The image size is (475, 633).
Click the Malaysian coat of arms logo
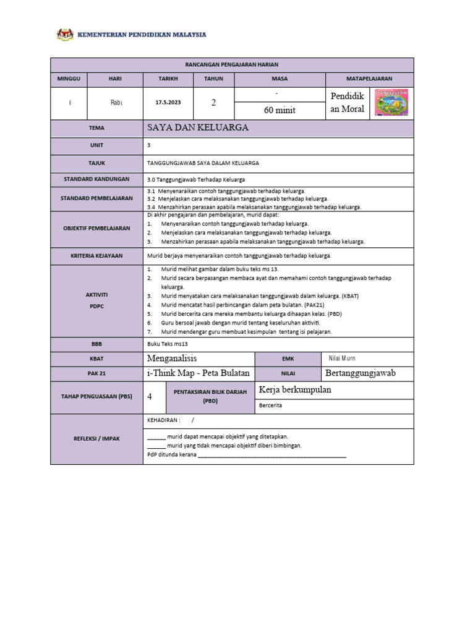(x=64, y=35)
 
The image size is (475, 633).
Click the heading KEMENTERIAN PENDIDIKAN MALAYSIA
(x=141, y=35)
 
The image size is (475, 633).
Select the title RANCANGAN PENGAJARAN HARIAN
(x=232, y=65)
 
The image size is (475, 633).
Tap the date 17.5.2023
(x=168, y=103)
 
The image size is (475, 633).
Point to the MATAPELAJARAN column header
(x=369, y=79)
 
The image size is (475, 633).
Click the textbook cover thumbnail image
(x=392, y=103)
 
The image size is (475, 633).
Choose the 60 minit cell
(x=280, y=110)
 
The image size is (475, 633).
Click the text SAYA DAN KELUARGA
(x=197, y=128)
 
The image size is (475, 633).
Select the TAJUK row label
(x=96, y=163)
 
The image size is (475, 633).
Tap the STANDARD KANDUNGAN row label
(x=96, y=179)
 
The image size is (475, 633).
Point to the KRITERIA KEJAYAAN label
(x=96, y=255)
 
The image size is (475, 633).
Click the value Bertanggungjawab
(x=360, y=373)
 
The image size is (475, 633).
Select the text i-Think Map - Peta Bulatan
(x=198, y=373)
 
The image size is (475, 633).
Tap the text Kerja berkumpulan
(x=294, y=389)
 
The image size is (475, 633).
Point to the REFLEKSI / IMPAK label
(x=96, y=438)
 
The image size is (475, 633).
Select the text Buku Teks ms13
(x=167, y=344)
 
